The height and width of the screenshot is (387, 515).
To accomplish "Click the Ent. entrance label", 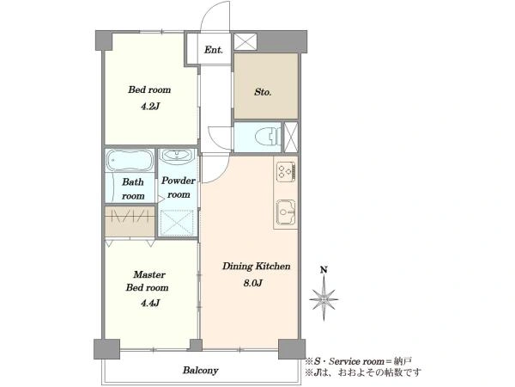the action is pos(213,50).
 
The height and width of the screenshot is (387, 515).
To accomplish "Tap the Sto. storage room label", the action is pos(263,92).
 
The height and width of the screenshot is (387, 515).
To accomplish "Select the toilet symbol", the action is pos(267,137).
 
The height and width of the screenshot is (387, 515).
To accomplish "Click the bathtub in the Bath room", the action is pos(130,160).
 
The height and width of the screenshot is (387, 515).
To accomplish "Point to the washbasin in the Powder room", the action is pos(178,155).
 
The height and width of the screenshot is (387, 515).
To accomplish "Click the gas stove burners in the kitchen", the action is pos(286,171).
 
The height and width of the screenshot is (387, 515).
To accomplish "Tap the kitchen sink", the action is pos(286,212).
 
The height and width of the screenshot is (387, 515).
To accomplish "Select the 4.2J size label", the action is pos(150,107).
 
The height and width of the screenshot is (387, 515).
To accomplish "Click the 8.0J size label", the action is pos(252,283).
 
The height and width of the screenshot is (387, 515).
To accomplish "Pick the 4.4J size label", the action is pos(150,303).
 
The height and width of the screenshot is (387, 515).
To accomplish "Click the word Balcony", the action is pos(200,371).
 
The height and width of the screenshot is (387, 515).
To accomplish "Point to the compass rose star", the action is pos(324,299).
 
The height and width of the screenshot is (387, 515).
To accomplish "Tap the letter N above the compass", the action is pos(324,270).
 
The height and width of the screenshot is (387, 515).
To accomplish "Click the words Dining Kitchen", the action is pos(256,266).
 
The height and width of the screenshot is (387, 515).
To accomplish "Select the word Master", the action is pos(149,274).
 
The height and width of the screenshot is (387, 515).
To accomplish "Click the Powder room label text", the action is pos(179,187).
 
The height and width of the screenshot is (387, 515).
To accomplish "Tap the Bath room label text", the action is pos(133,189).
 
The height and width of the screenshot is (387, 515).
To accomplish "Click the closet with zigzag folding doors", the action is pos(130,221).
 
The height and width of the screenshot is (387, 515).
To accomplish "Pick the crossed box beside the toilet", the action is pos(290,137).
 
